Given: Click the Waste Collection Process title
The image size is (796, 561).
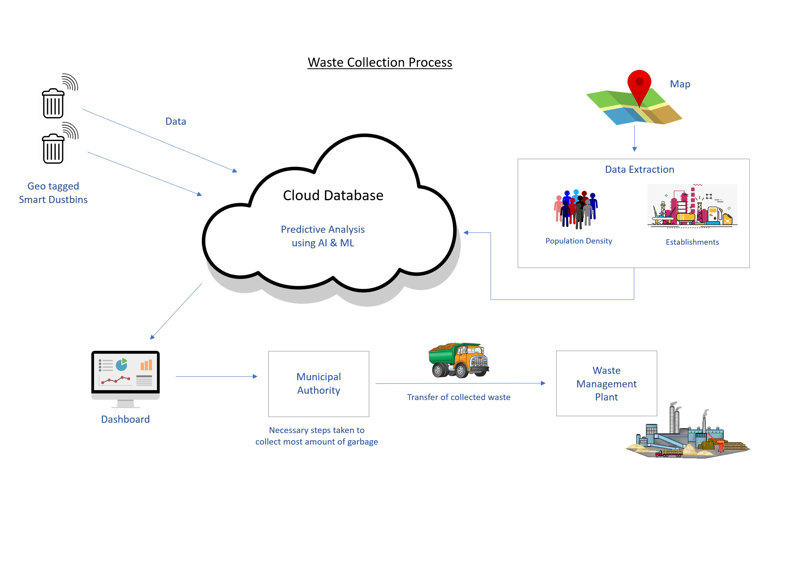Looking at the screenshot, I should coord(380,62).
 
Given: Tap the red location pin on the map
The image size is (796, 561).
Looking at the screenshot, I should coord(639,83).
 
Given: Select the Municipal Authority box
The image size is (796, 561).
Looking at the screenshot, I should coord(319,383).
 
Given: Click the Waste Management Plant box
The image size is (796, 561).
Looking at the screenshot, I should coord(606,383).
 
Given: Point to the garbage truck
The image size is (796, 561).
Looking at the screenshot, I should coord(459,360).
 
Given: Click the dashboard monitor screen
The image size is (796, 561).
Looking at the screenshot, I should coord(126,372).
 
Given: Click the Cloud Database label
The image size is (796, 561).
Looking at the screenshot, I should coord(333,195).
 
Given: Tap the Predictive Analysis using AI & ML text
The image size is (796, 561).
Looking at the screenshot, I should coord(323,236).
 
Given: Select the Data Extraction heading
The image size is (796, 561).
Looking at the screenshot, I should coord(640,170).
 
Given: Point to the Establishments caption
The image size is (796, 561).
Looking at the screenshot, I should coord(692,242).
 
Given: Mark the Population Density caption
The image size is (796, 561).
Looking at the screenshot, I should coord(579,241).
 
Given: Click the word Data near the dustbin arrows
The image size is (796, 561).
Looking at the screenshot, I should coord(176,122).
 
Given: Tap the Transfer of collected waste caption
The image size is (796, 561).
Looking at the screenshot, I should coord(459,397).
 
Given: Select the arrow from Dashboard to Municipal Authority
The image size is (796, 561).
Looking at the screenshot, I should coord(216,376).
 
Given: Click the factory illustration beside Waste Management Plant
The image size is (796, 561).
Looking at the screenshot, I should coord(687,435).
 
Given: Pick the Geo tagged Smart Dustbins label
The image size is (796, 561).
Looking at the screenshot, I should coord(53,193).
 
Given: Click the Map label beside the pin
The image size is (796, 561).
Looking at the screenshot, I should coord(680,84).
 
